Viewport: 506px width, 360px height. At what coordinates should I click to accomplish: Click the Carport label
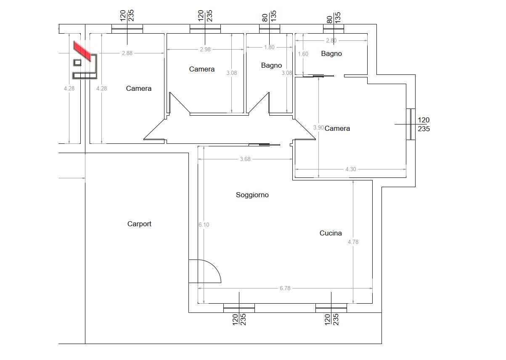[x=139, y=224]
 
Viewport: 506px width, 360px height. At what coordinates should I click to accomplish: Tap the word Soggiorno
[x=252, y=195]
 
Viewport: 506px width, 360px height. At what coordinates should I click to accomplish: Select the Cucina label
[x=331, y=233]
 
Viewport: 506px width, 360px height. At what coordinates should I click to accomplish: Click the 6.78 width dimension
[x=285, y=288]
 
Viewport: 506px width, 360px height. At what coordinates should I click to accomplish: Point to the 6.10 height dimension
[x=204, y=225]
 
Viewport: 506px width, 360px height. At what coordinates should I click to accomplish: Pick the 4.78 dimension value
[x=353, y=242]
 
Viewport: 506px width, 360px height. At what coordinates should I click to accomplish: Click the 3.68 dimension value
[x=245, y=159]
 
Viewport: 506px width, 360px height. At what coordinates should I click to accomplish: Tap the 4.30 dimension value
[x=351, y=169]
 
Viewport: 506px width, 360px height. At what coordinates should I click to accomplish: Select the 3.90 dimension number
[x=318, y=127]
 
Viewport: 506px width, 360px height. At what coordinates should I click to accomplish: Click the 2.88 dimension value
[x=127, y=53]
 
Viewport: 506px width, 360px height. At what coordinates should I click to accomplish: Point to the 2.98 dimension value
[x=205, y=49]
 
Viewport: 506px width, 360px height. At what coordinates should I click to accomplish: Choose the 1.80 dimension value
[x=269, y=47]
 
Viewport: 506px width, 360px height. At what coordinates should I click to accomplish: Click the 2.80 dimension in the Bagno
[x=331, y=40]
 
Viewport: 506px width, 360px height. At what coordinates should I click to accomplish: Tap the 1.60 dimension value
[x=303, y=54]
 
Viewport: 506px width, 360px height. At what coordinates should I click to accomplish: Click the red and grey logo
[x=85, y=60]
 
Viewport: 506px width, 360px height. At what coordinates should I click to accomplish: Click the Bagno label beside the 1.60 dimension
[x=331, y=53]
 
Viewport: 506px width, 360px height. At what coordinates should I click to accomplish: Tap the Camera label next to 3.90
[x=337, y=129]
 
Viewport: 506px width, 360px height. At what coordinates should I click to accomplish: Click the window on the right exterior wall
[x=411, y=124]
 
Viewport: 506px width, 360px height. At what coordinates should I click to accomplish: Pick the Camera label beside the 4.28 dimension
[x=139, y=88]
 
